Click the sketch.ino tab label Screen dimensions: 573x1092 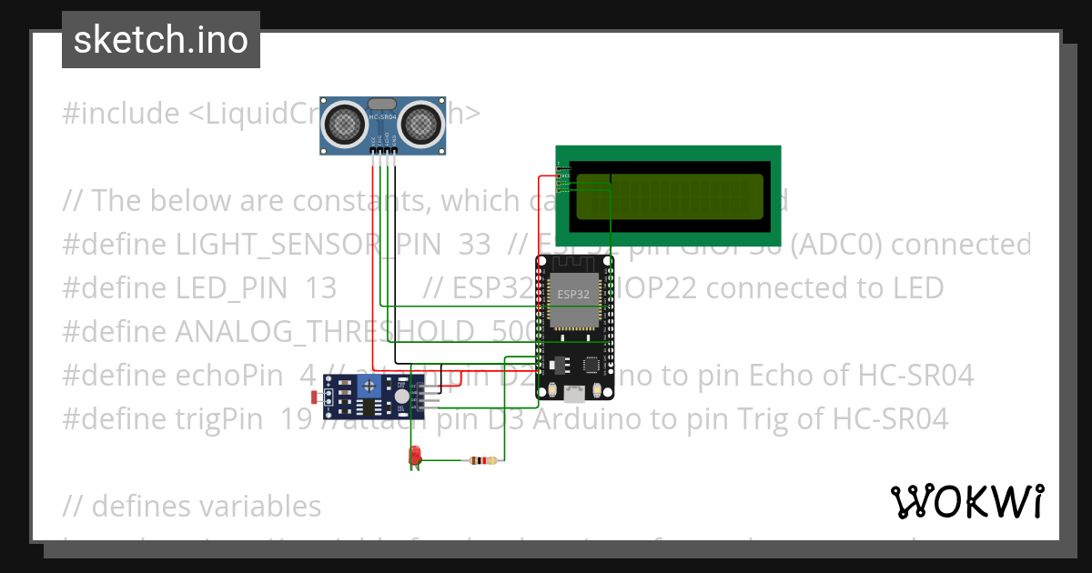[160, 40]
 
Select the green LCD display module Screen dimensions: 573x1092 [668, 196]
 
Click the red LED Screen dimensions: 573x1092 [415, 455]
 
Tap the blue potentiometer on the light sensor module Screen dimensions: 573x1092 [370, 388]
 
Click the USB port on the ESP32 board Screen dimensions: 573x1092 [574, 394]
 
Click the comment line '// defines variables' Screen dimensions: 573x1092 [191, 506]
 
